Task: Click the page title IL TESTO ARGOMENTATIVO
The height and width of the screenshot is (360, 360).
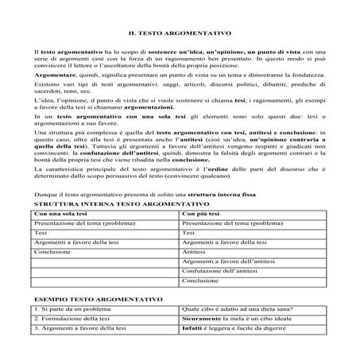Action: point(180,33)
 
